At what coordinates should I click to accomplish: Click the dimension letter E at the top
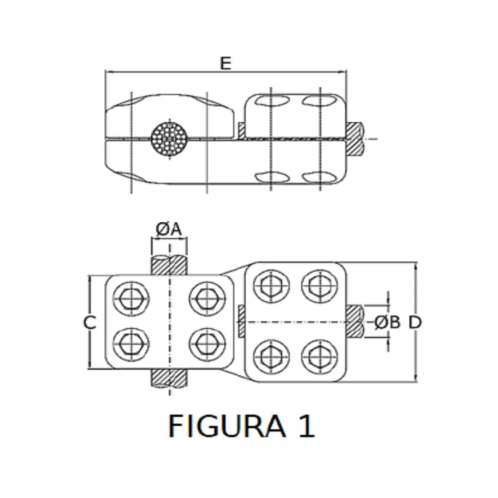[x=225, y=63]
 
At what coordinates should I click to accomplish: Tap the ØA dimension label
[x=169, y=229]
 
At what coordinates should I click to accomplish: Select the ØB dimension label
[x=387, y=322]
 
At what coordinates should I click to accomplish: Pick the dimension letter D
[x=415, y=322]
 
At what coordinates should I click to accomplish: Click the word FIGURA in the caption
[x=226, y=427]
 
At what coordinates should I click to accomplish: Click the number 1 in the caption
[x=306, y=427]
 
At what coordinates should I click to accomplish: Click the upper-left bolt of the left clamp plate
[x=131, y=299]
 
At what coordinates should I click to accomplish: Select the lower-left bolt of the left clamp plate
[x=131, y=345]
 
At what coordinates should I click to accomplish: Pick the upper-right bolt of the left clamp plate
[x=207, y=299]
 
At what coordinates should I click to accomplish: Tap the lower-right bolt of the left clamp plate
[x=207, y=345]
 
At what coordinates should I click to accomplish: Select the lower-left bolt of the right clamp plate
[x=272, y=357]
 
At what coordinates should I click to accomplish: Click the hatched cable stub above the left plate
[x=170, y=265]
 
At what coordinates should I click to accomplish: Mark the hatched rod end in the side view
[x=355, y=138]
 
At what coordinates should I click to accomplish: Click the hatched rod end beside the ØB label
[x=355, y=321]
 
